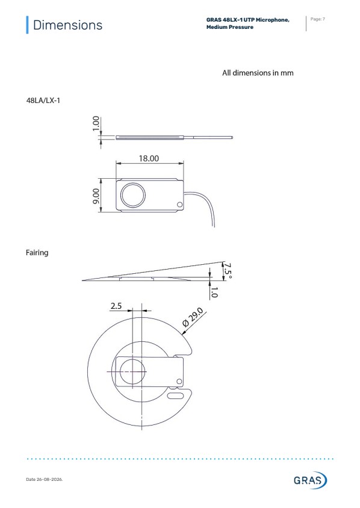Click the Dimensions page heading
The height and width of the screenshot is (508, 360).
coord(67,25)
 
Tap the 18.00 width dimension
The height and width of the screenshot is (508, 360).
coord(149,158)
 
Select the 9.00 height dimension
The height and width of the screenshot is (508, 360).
coord(96,196)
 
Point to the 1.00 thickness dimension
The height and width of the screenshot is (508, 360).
coord(96,123)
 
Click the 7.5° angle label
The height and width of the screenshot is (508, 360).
coord(228,271)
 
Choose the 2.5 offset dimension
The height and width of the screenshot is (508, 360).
coord(116,306)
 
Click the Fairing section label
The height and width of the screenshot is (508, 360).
coord(37,253)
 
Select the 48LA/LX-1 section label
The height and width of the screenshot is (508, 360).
coord(43,101)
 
